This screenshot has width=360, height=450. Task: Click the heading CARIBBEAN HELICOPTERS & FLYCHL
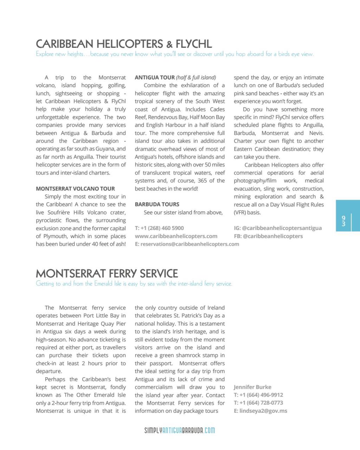tap(124, 44)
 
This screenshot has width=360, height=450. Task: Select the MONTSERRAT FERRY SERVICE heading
tap(107, 274)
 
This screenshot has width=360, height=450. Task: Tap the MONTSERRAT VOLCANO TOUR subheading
tap(75, 189)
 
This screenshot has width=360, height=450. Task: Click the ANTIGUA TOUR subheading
tap(155, 77)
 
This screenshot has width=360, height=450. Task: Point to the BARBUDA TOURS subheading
tap(157, 204)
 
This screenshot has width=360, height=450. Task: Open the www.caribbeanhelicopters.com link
tap(176, 236)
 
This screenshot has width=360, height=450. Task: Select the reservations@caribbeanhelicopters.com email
tap(189, 244)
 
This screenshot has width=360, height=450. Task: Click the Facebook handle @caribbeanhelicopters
tap(272, 236)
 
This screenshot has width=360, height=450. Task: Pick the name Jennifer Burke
tap(252, 387)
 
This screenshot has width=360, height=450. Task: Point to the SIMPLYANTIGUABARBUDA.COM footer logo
tap(180, 430)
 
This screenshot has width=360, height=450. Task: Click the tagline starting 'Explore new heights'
tap(174, 54)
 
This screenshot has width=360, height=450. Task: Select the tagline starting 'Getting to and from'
tap(134, 284)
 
